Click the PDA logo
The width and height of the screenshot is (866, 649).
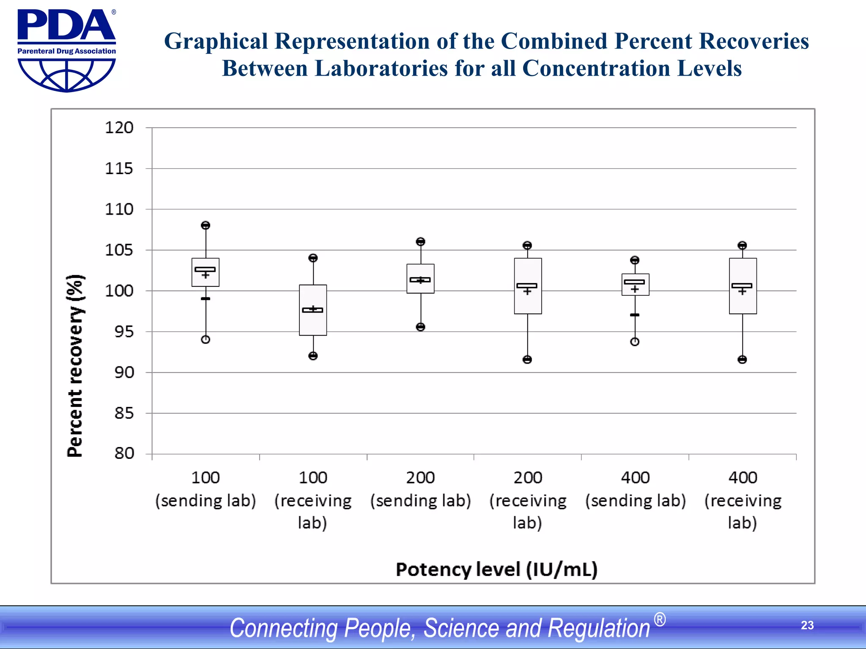[x=66, y=50]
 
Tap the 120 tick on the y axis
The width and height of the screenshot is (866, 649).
[x=119, y=128]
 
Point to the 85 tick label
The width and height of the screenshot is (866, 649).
[x=123, y=413]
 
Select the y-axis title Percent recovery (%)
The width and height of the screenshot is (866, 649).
[x=75, y=366]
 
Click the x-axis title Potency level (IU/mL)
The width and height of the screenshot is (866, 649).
[x=496, y=570]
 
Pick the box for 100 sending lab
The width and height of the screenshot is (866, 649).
[x=206, y=273]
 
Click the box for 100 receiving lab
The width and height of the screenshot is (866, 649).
[x=313, y=310]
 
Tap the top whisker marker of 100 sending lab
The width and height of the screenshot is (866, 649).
[x=206, y=225]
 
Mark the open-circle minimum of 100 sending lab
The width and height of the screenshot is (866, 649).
[x=206, y=340]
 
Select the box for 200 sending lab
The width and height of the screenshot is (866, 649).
[x=420, y=279]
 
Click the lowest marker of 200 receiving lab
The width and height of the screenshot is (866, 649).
[x=527, y=360]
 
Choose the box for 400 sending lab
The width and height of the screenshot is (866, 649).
[x=635, y=285]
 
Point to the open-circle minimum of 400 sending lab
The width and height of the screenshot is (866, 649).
[x=635, y=342]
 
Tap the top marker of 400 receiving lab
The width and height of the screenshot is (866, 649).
[x=742, y=245]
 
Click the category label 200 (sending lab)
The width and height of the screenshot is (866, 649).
[x=420, y=489]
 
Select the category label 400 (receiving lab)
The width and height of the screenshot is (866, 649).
[x=743, y=500]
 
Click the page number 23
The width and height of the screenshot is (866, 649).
[x=807, y=625]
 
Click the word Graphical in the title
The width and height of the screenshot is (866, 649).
[x=216, y=42]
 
